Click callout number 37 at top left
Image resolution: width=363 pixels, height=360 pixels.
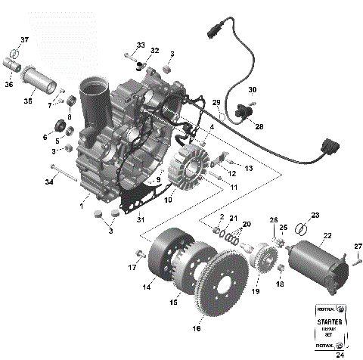click(x=24, y=40)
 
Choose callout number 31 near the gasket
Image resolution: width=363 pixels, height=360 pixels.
click(x=139, y=219)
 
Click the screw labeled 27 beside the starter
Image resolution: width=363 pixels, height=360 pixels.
click(x=356, y=262)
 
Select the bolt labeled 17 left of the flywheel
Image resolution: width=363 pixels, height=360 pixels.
click(x=139, y=252)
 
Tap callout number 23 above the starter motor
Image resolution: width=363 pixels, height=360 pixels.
click(x=315, y=216)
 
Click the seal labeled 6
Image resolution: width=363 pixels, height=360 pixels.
click(x=57, y=125)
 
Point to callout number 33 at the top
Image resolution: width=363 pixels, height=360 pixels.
click(x=141, y=45)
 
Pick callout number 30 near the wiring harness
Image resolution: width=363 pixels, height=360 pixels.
click(x=253, y=89)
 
